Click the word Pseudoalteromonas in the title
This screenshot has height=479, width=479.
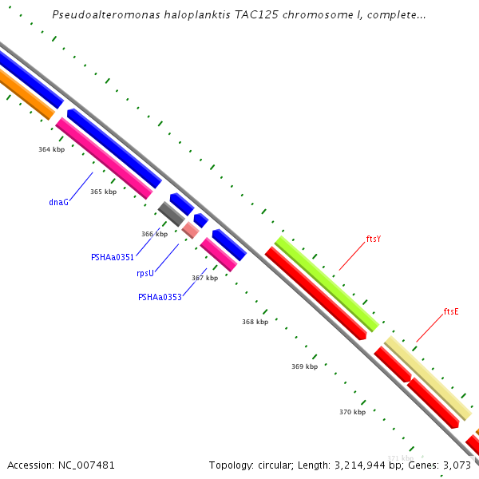[102, 15]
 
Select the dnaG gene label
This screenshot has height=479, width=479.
[58, 202]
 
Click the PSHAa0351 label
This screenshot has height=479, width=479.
[113, 257]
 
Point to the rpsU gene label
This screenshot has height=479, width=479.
[144, 273]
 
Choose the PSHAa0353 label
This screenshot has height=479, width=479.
[160, 297]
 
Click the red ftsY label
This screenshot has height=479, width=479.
[374, 239]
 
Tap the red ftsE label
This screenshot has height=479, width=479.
[451, 311]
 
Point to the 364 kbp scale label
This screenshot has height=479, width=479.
[51, 149]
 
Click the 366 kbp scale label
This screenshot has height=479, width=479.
[154, 234]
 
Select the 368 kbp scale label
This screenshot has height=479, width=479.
[255, 322]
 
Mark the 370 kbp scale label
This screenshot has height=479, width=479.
[352, 412]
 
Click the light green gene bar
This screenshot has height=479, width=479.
[327, 283]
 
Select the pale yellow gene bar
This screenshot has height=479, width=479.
[427, 378]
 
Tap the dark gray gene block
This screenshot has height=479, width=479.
[172, 214]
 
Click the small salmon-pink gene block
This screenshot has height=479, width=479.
[190, 230]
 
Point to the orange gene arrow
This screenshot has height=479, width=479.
[24, 94]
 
